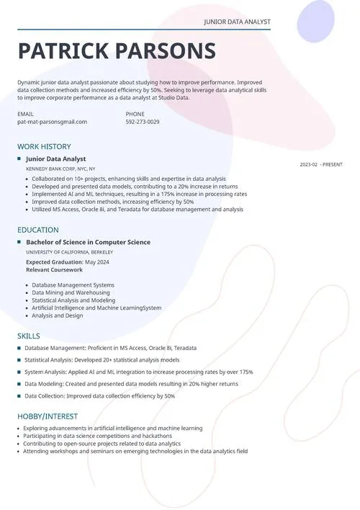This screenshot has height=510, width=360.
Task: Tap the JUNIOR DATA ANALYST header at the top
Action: [237, 23]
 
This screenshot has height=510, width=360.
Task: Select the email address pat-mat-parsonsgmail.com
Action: [52, 122]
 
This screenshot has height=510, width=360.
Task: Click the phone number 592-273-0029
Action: [143, 122]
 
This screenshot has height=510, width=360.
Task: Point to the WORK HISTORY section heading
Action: [44, 146]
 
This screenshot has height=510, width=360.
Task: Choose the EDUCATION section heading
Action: [38, 230]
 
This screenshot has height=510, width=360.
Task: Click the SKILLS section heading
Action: [29, 336]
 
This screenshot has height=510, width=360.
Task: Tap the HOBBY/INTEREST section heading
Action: [48, 416]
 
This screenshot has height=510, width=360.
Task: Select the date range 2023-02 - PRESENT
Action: [321, 165]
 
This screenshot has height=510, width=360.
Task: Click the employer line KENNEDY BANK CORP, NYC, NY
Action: [60, 169]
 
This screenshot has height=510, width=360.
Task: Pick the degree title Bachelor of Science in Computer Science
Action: [88, 242]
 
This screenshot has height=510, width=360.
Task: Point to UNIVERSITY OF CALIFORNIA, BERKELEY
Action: [69, 252]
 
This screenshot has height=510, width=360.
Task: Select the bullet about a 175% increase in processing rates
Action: [139, 194]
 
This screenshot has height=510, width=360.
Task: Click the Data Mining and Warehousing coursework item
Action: [71, 292]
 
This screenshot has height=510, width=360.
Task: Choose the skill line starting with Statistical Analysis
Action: [102, 359]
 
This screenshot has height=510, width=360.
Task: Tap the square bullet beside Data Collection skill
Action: [19, 396]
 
